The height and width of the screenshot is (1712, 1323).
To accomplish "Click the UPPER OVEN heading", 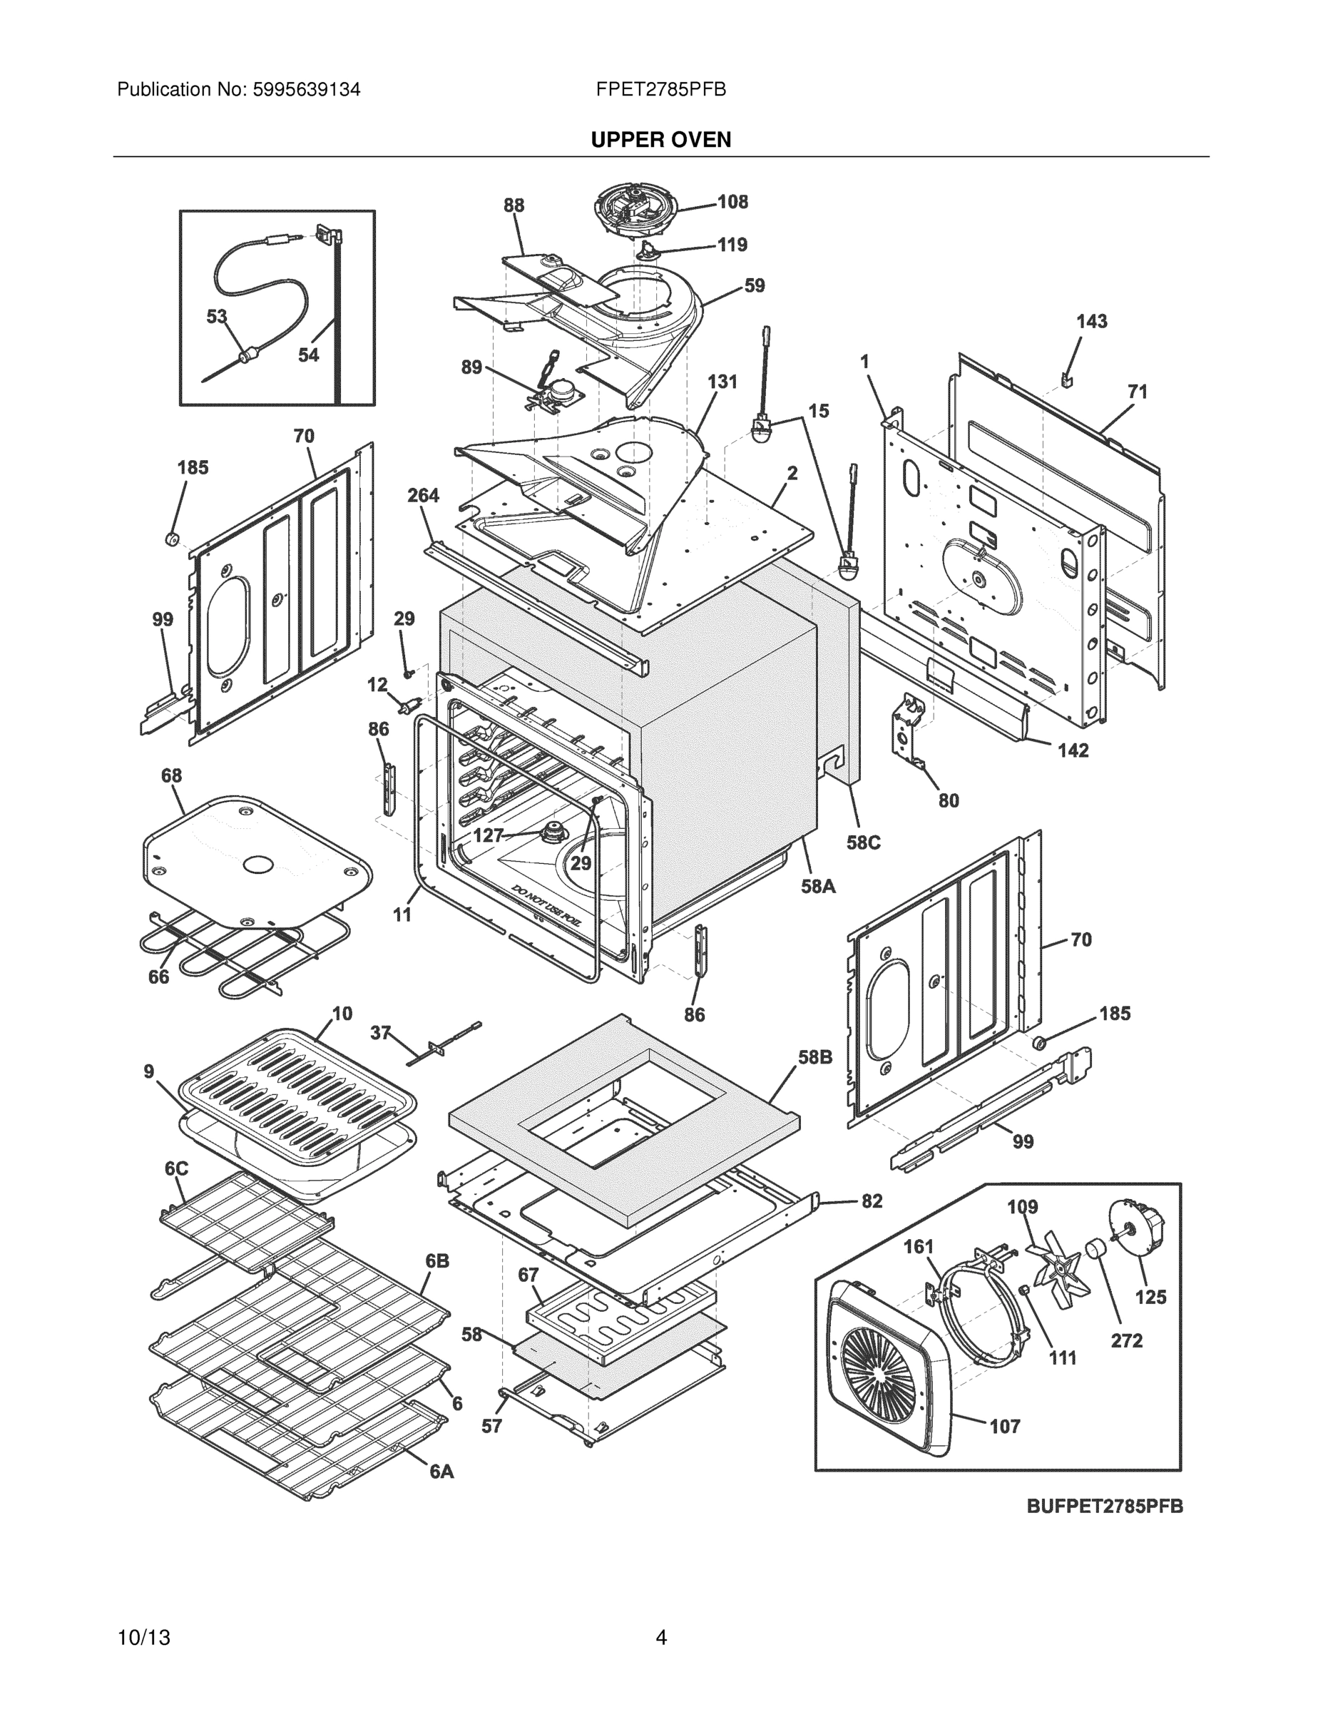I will [x=660, y=140].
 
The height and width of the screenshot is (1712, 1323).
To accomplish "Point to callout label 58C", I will [x=862, y=842].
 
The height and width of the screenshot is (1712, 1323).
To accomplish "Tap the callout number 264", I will [x=423, y=496].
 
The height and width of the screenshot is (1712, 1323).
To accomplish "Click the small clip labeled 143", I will [x=1068, y=379].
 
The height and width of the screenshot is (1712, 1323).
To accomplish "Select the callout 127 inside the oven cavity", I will [x=488, y=835].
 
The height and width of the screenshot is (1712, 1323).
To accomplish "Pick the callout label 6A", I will [x=441, y=1472].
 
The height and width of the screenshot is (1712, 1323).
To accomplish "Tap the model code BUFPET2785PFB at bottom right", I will [x=1104, y=1506].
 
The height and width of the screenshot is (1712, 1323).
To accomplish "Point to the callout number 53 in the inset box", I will [x=216, y=317].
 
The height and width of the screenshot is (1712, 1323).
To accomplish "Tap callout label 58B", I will [x=815, y=1057].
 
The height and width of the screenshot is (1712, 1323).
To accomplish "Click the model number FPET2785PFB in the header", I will [x=660, y=89].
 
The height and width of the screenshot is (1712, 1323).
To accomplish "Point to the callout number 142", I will [x=1073, y=751].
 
